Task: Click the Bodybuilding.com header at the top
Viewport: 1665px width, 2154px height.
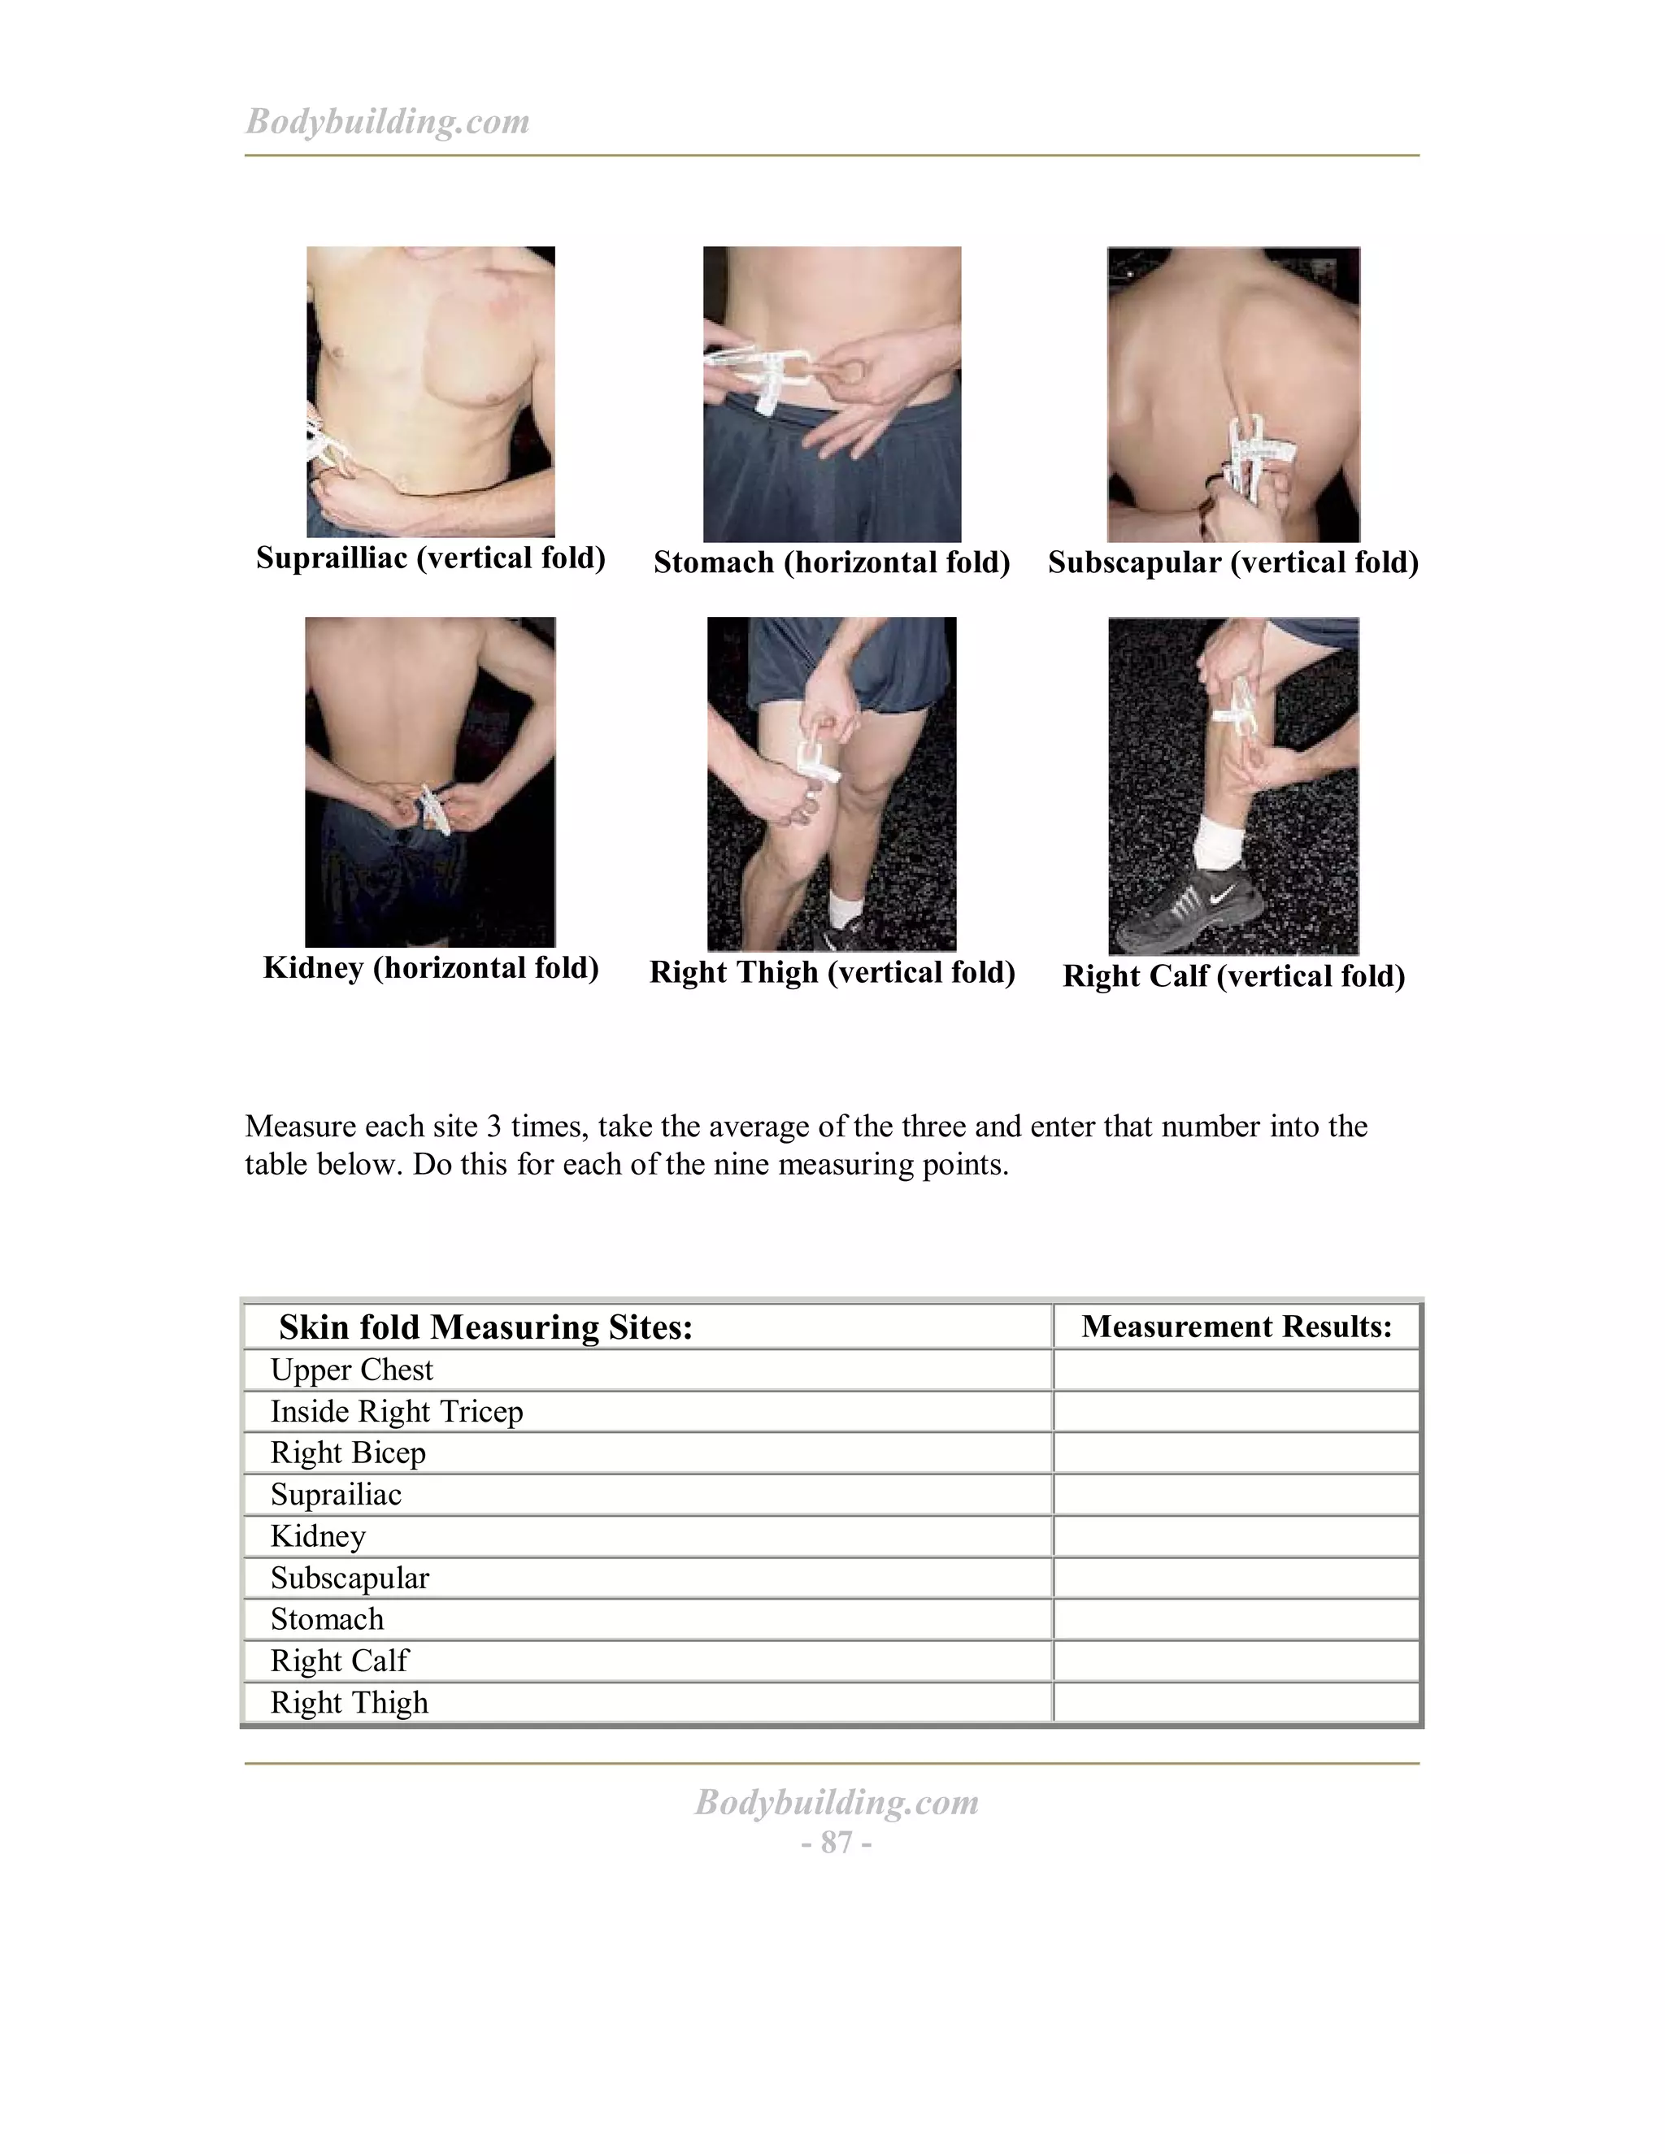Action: pyautogui.click(x=387, y=121)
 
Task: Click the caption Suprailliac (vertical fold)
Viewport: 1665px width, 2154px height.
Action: pyautogui.click(x=430, y=558)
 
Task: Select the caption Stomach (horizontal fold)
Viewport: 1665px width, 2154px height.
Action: pyautogui.click(x=832, y=562)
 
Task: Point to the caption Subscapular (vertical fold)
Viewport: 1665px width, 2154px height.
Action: pyautogui.click(x=1233, y=562)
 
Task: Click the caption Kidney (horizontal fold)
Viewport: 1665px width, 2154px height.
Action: pyautogui.click(x=430, y=967)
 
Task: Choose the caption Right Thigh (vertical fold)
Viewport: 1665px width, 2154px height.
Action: pyautogui.click(x=832, y=972)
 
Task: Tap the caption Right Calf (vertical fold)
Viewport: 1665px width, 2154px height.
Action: pyautogui.click(x=1233, y=976)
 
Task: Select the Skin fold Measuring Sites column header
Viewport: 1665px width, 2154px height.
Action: pyautogui.click(x=485, y=1327)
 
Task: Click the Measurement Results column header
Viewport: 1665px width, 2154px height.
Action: pyautogui.click(x=1236, y=1327)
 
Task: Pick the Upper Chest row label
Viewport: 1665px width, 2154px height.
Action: pyautogui.click(x=351, y=1370)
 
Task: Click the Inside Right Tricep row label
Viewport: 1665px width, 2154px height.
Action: pyautogui.click(x=397, y=1411)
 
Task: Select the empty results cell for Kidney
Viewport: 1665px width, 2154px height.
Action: pyautogui.click(x=1236, y=1536)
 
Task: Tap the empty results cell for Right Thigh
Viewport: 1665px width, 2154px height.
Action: pyautogui.click(x=1236, y=1702)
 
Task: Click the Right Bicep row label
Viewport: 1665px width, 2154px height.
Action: pyautogui.click(x=348, y=1453)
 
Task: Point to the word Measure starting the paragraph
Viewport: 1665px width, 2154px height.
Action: pyautogui.click(x=300, y=1127)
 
